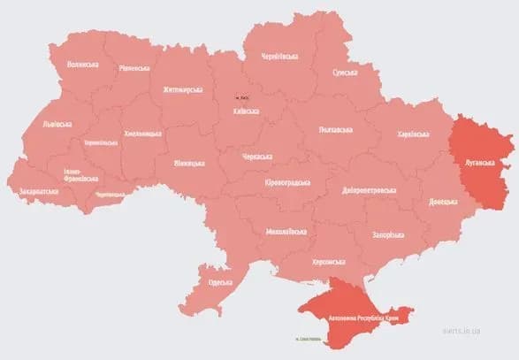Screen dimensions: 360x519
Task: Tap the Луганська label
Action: tap(478, 164)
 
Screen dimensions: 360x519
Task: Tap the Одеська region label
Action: tap(220, 282)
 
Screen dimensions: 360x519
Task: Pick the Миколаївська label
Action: tap(286, 232)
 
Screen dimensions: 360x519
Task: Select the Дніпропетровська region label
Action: tap(369, 190)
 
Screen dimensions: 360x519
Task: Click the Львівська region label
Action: tap(59, 125)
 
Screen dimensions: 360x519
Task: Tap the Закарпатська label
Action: tap(40, 190)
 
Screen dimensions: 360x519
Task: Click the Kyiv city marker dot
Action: tap(236, 97)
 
